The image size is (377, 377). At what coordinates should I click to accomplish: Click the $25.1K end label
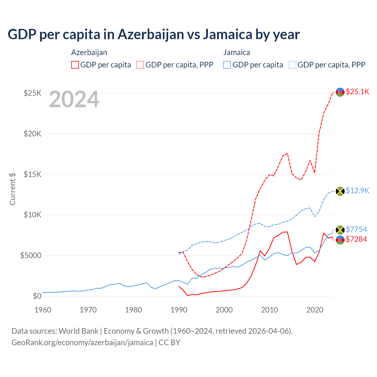[357, 92]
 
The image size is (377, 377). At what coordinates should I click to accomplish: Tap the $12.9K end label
[357, 191]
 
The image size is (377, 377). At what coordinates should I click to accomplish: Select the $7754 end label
[356, 229]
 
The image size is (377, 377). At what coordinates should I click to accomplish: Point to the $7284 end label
[356, 239]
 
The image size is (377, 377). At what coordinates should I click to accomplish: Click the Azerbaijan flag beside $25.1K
[340, 92]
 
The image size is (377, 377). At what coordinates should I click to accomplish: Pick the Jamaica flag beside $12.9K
[340, 191]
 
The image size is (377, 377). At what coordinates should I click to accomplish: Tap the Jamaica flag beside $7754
[340, 230]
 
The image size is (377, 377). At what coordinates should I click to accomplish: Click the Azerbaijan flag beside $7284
[340, 240]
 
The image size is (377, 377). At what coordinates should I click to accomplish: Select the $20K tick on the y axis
[33, 134]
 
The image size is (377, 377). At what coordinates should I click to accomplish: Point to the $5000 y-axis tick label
[31, 255]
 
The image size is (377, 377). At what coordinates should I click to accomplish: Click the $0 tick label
[37, 296]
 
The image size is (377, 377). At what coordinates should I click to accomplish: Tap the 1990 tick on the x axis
[179, 310]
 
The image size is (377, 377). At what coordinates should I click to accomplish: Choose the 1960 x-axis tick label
[43, 310]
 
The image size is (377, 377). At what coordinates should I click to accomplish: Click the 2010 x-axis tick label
[269, 310]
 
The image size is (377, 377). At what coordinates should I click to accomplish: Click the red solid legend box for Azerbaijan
[75, 65]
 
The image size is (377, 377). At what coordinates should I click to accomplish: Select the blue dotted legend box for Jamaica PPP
[292, 65]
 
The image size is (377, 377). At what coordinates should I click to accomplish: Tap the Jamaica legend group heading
[237, 52]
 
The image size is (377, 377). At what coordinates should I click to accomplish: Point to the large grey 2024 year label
[74, 100]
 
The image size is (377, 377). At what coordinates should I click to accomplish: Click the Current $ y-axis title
[12, 189]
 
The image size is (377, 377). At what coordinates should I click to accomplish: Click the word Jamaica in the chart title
[227, 34]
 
